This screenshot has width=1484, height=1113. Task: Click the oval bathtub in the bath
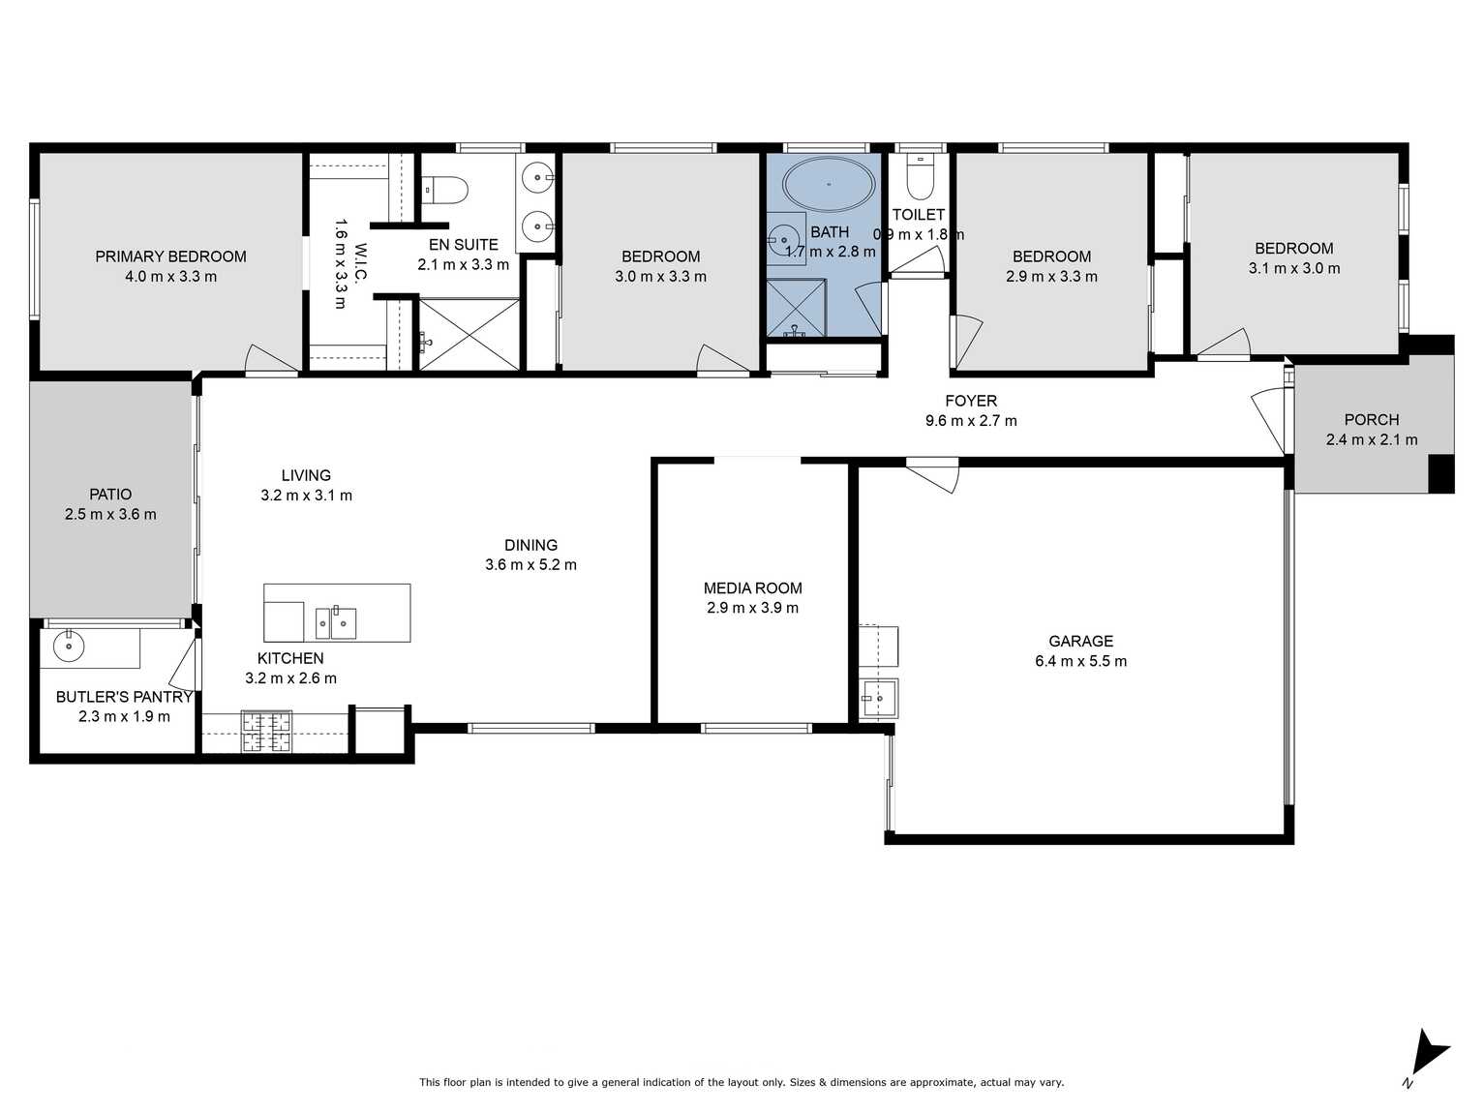click(x=829, y=184)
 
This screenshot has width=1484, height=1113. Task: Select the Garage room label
click(x=1080, y=641)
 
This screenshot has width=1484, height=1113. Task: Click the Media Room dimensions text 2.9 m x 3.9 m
click(x=752, y=608)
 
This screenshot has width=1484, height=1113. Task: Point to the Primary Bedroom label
click(x=170, y=256)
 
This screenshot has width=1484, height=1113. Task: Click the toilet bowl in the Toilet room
click(x=920, y=178)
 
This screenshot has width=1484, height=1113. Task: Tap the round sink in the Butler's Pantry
click(x=68, y=647)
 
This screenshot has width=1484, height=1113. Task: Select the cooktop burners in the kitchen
click(x=266, y=731)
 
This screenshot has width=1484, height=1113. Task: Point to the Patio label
click(x=110, y=494)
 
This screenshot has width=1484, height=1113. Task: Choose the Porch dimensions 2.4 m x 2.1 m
click(x=1371, y=439)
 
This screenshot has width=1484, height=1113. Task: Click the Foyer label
click(x=971, y=401)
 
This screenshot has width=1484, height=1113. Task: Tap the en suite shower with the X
click(x=469, y=334)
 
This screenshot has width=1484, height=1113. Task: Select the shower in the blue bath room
click(x=796, y=308)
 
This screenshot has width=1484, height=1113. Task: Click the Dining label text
click(x=530, y=545)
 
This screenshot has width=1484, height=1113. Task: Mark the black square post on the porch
click(x=1440, y=473)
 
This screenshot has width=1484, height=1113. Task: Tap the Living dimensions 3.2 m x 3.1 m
click(x=306, y=496)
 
